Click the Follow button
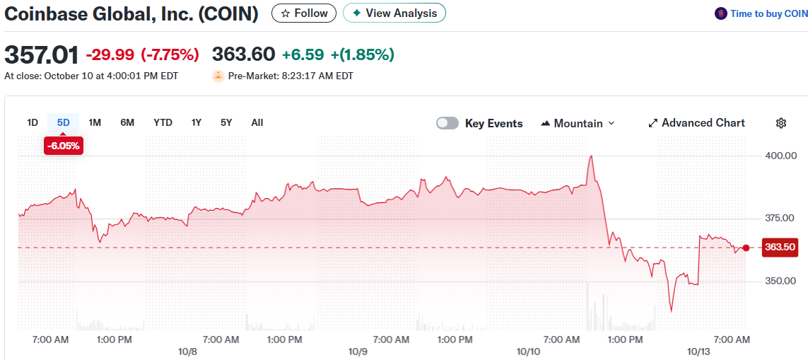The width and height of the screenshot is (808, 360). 304,13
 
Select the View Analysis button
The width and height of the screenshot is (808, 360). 394,13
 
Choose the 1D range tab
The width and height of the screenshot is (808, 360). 33,122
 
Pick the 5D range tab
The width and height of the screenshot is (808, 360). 64,122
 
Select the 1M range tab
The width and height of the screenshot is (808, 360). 95,122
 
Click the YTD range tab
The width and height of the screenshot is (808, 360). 163,122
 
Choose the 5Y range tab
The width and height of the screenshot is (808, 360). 226,122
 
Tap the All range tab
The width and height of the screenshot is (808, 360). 257,122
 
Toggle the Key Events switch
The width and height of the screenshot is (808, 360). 447,123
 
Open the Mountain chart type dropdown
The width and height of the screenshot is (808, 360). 578,123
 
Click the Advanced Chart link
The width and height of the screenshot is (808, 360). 696,123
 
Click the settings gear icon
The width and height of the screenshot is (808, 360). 781,123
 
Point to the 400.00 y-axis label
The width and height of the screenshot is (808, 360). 781,156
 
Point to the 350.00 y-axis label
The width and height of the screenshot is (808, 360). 781,281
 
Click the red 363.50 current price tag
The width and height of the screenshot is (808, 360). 780,248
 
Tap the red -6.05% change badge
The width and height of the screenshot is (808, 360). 64,146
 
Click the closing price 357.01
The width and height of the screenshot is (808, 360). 41,54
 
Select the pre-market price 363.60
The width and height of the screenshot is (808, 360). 243,54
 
